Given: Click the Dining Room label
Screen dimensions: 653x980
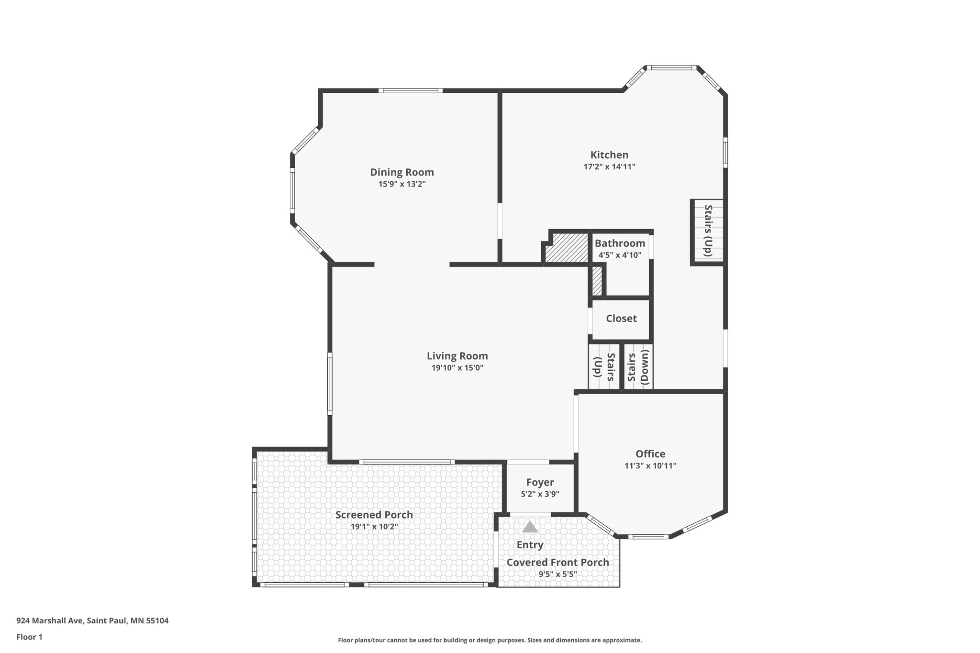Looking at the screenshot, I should pyautogui.click(x=401, y=172).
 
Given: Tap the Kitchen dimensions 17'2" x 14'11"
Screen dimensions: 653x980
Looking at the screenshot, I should pyautogui.click(x=609, y=167).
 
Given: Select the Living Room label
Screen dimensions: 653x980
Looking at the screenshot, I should pyautogui.click(x=457, y=356).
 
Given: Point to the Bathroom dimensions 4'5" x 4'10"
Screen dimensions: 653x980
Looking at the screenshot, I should pyautogui.click(x=620, y=255).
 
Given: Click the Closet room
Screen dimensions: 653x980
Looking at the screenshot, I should pyautogui.click(x=621, y=319).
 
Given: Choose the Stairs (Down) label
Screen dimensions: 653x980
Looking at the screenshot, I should pyautogui.click(x=638, y=367).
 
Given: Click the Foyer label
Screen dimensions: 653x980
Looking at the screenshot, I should pyautogui.click(x=540, y=483).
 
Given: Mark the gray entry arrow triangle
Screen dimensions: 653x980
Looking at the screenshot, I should pyautogui.click(x=530, y=527).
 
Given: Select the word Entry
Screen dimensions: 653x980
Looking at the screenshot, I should pyautogui.click(x=530, y=545).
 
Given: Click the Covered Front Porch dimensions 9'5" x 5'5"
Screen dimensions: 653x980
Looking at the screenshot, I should pyautogui.click(x=557, y=574).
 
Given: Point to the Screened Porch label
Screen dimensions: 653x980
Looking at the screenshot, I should pyautogui.click(x=374, y=515).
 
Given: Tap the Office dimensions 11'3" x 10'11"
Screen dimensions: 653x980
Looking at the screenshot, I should pyautogui.click(x=650, y=466).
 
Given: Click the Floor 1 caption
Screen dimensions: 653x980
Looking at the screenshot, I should pyautogui.click(x=29, y=637).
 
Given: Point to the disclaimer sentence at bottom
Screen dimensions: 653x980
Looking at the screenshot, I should pyautogui.click(x=490, y=640).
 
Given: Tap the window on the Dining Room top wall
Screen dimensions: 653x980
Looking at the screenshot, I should pyautogui.click(x=410, y=90).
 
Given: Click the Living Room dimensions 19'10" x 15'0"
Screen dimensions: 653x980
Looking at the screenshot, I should pyautogui.click(x=457, y=368).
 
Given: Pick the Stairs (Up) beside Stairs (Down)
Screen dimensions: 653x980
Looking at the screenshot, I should pyautogui.click(x=604, y=367).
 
